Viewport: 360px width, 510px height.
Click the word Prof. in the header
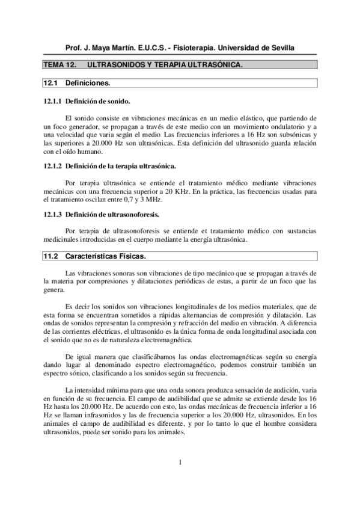75,48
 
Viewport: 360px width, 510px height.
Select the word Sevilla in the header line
280,48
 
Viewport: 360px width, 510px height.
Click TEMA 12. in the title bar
59,64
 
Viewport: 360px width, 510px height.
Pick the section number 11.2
50,257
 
